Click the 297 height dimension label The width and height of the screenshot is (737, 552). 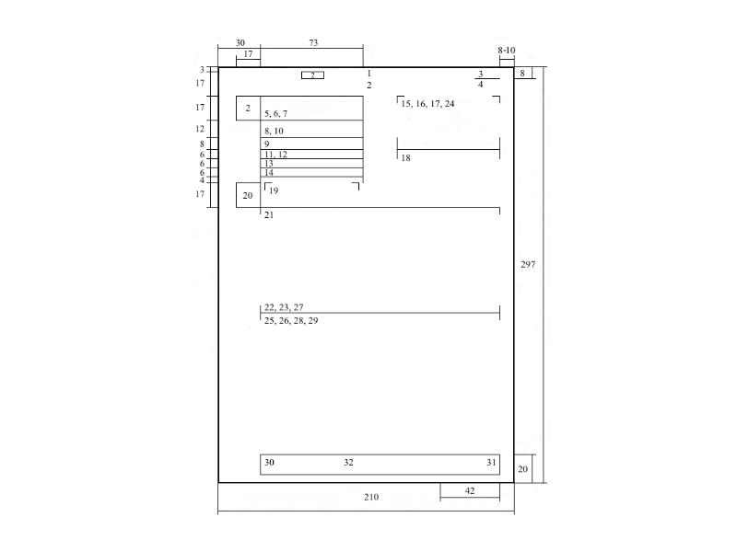coord(528,265)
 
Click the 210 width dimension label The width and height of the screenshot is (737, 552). coord(371,497)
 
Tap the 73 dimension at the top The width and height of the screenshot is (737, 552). coord(313,42)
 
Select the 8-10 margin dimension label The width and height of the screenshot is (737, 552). coord(507,51)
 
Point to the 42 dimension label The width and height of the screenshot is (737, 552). coord(470,490)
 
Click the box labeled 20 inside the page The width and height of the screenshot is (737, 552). coord(248,195)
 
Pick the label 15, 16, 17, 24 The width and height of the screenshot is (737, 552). coord(427,104)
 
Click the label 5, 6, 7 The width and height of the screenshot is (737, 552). coord(275,113)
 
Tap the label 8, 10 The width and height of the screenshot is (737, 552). coord(274,131)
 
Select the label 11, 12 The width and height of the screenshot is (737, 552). coord(275,155)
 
